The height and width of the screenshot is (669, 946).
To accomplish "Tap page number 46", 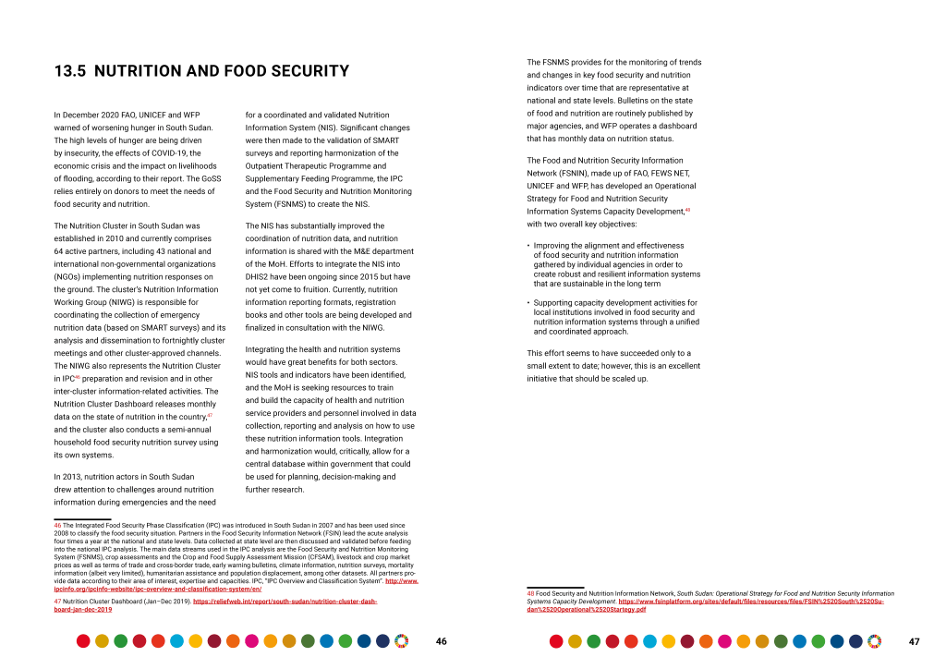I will tap(442, 641).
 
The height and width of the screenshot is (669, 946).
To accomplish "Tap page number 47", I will tap(914, 641).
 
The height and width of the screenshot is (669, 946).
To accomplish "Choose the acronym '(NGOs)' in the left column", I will tap(70, 276).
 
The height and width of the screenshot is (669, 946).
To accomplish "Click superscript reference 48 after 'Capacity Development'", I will tap(687, 210).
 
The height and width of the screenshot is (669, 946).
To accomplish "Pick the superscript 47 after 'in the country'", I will tap(210, 416).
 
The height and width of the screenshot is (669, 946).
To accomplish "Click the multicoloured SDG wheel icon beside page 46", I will tap(401, 640).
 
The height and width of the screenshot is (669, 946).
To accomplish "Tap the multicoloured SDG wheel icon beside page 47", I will tap(874, 640).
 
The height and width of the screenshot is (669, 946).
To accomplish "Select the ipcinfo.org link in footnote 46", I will tap(157, 588).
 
